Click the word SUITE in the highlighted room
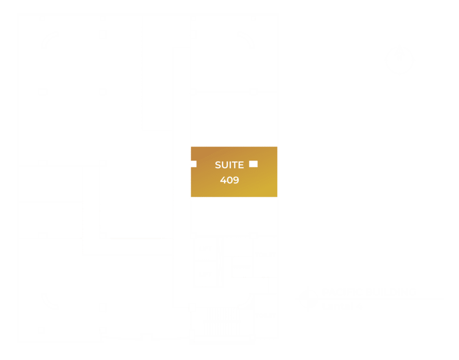(x=229, y=165)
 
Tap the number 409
(x=229, y=180)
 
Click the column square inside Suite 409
(x=253, y=164)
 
